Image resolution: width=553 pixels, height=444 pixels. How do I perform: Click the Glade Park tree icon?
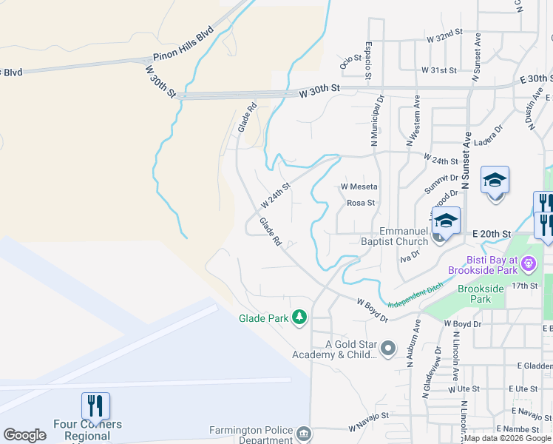(x=299, y=317)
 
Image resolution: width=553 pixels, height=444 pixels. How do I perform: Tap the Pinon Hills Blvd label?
(x=183, y=45)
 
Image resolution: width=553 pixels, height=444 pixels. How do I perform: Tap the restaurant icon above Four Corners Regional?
(x=95, y=406)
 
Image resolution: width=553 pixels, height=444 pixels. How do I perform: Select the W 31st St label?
(x=439, y=70)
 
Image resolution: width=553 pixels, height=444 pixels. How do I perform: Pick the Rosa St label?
(x=361, y=202)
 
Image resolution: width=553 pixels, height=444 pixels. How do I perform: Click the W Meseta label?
(x=359, y=186)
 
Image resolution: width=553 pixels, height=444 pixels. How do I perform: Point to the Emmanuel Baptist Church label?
(x=404, y=236)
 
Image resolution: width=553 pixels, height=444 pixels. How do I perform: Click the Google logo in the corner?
(x=24, y=435)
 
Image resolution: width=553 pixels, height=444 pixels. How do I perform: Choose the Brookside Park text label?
(x=475, y=294)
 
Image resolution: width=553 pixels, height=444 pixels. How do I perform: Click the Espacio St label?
(x=367, y=60)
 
